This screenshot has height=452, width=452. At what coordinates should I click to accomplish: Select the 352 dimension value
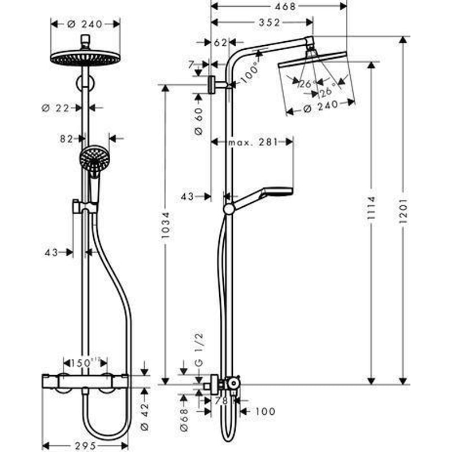point(266,23)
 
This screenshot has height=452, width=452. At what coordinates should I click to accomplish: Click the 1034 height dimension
point(165,232)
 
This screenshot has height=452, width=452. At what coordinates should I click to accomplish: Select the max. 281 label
point(253,142)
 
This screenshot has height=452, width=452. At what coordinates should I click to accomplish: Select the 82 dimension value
point(67,138)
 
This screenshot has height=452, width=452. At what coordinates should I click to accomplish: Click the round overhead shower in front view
point(85,57)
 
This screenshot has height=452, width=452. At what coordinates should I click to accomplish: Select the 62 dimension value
point(220,42)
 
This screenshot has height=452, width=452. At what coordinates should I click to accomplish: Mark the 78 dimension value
point(221,401)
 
